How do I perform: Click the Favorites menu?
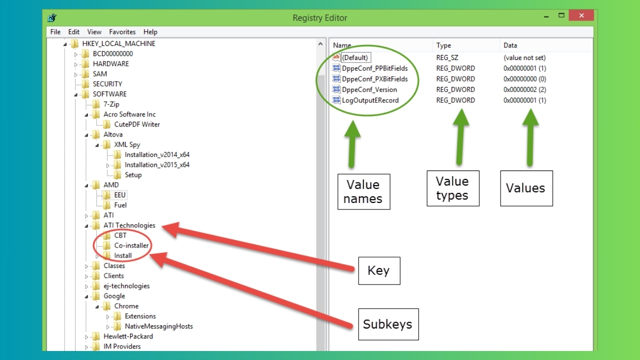[x=122, y=31]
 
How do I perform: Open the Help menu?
[x=150, y=31]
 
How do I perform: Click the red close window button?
[x=582, y=16]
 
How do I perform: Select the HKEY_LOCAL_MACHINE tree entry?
[x=118, y=43]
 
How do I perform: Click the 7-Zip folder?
[x=111, y=104]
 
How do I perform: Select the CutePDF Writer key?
[x=136, y=124]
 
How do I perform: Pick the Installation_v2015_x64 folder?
[x=156, y=164]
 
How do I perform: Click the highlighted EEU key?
[x=119, y=195]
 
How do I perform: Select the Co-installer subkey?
[x=131, y=245]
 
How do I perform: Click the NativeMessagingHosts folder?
[x=158, y=326]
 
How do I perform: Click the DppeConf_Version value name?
[x=369, y=89]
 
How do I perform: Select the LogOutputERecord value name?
[x=370, y=100]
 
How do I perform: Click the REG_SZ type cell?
[x=447, y=57]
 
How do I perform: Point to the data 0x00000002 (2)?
[x=524, y=89]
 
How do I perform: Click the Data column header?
[x=510, y=45]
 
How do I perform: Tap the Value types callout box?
[x=452, y=188]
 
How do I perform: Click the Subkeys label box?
[x=387, y=324]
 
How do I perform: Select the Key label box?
[x=378, y=270]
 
